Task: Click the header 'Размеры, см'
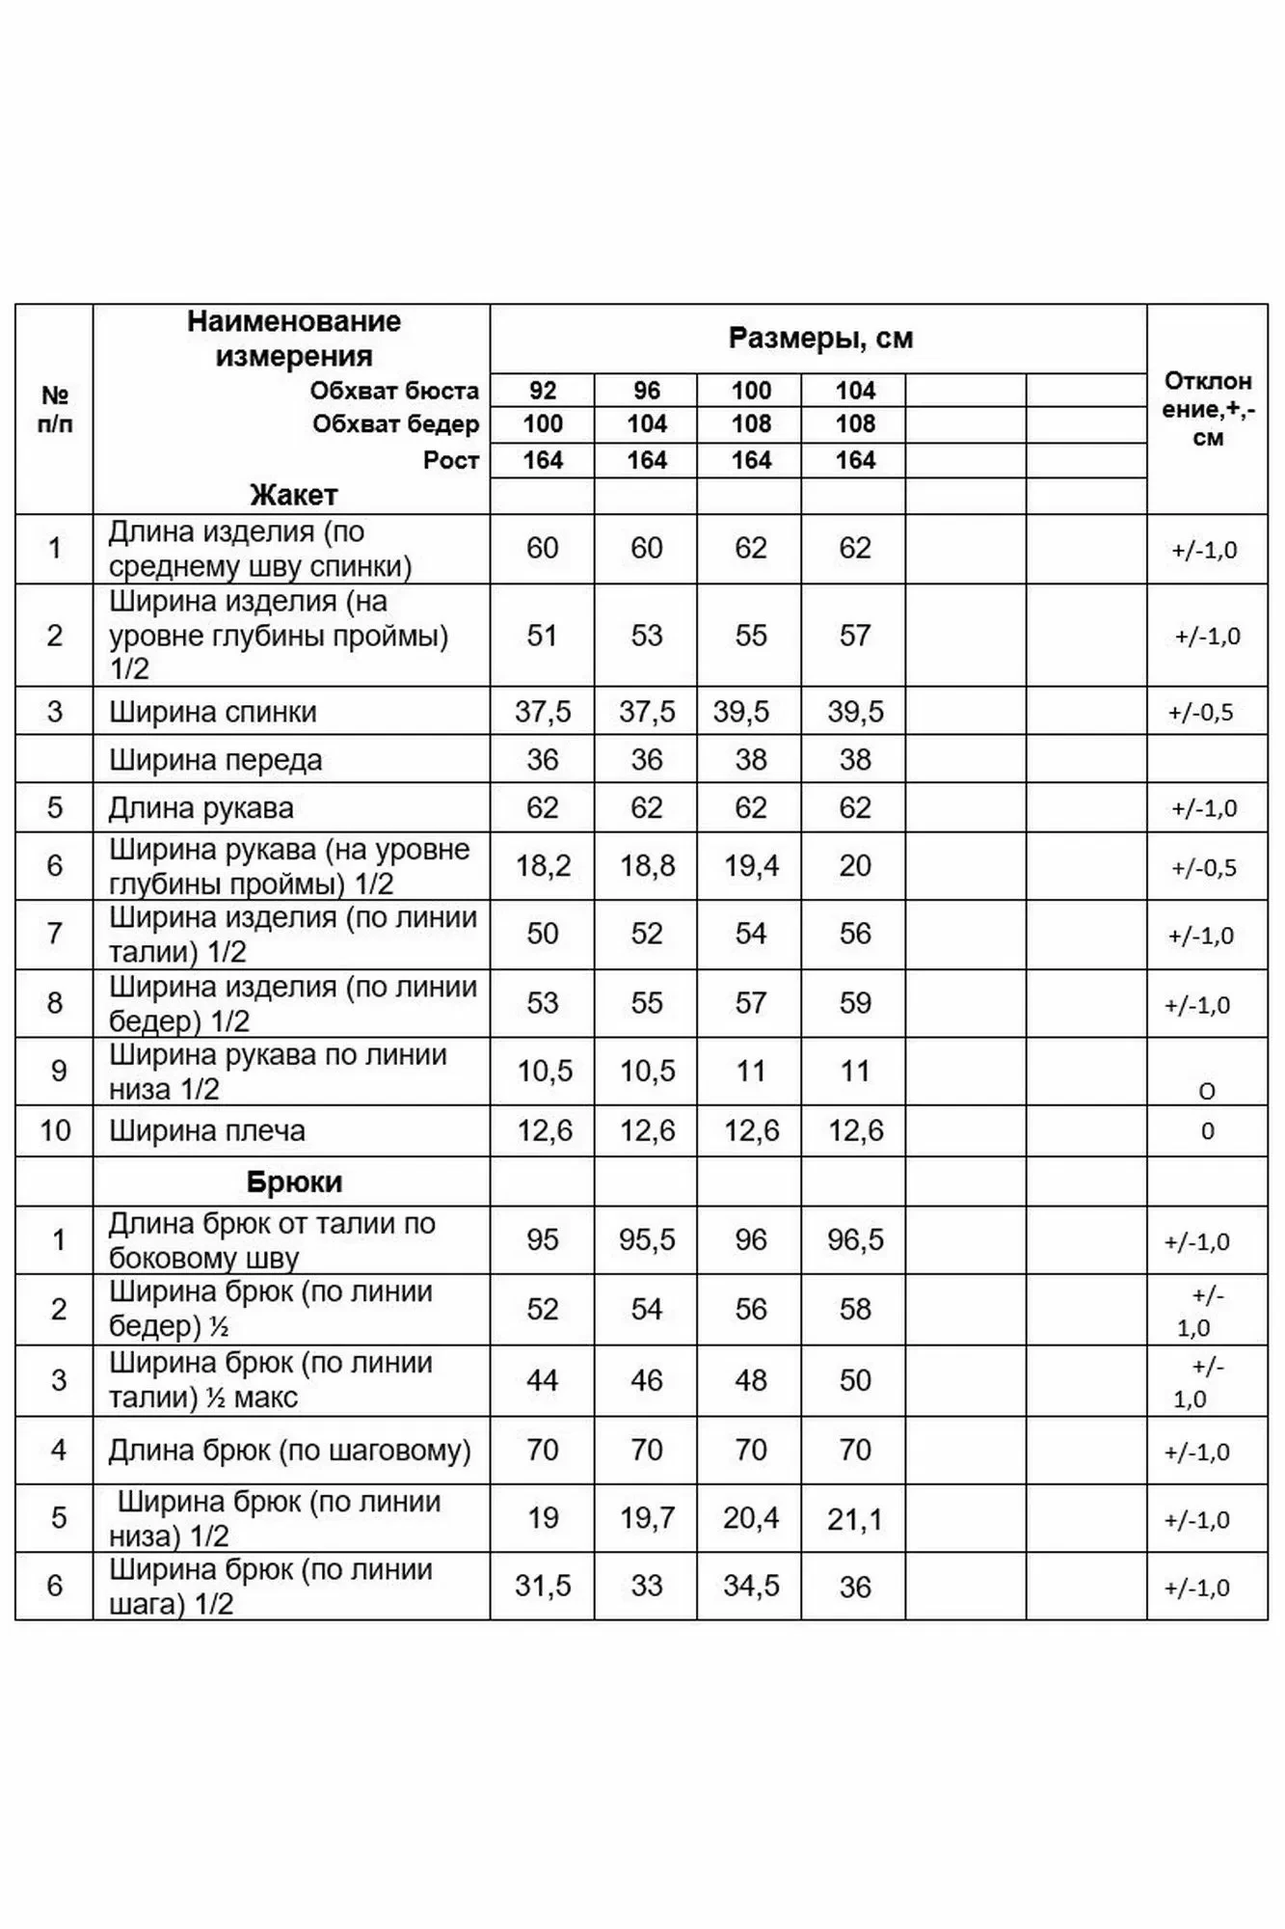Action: coord(819,339)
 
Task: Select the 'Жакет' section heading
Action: coord(293,496)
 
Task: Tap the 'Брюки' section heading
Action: coord(293,1182)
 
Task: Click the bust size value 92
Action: coord(543,391)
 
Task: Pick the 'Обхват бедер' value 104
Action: coord(647,424)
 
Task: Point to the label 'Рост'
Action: coord(450,460)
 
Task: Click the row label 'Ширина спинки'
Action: coord(212,712)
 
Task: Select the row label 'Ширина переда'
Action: coord(215,760)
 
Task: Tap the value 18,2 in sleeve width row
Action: coord(543,866)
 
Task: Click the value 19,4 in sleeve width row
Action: coord(751,866)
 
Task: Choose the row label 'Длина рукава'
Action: coord(201,808)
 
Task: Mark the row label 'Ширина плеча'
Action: coord(206,1130)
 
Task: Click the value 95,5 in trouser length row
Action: coord(647,1239)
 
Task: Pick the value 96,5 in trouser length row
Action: coord(855,1239)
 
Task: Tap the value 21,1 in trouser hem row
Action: coord(855,1519)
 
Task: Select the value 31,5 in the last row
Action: coord(543,1587)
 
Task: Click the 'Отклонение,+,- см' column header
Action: coord(1207,409)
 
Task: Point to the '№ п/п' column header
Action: coord(55,409)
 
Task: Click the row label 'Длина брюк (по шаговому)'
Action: coord(289,1450)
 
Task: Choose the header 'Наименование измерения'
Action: coord(293,339)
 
